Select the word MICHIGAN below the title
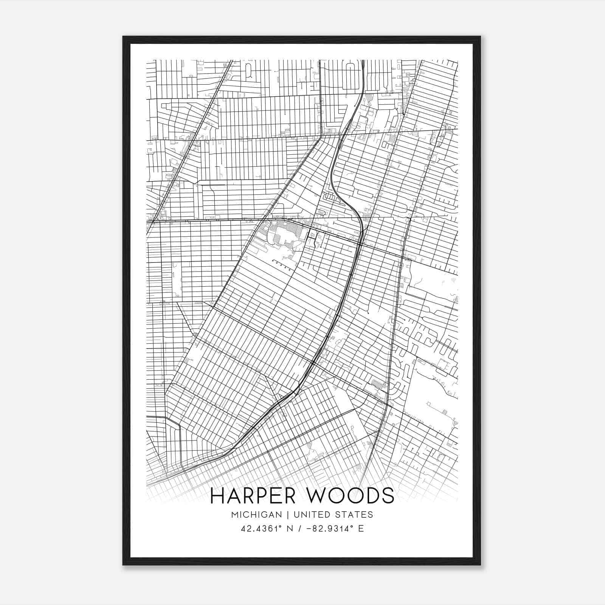click(x=257, y=515)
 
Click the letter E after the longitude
click(x=361, y=528)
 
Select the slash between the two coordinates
click(x=300, y=528)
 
